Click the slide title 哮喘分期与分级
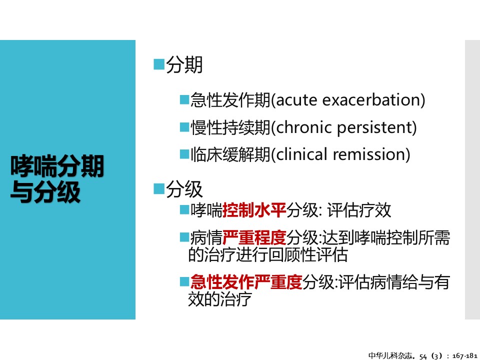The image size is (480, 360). (57, 179)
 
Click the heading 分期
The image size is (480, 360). (184, 65)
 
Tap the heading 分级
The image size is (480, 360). (184, 189)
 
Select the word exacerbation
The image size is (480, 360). (370, 100)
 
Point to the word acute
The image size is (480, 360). (296, 100)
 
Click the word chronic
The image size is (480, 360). (303, 127)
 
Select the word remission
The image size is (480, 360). (368, 154)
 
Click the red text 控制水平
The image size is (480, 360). (254, 210)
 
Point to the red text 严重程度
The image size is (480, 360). (254, 237)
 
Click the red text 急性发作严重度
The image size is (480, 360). (246, 282)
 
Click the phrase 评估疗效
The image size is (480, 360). (359, 210)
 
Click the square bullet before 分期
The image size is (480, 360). (159, 64)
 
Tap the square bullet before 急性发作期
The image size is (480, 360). (184, 100)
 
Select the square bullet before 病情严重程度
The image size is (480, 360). (184, 237)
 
